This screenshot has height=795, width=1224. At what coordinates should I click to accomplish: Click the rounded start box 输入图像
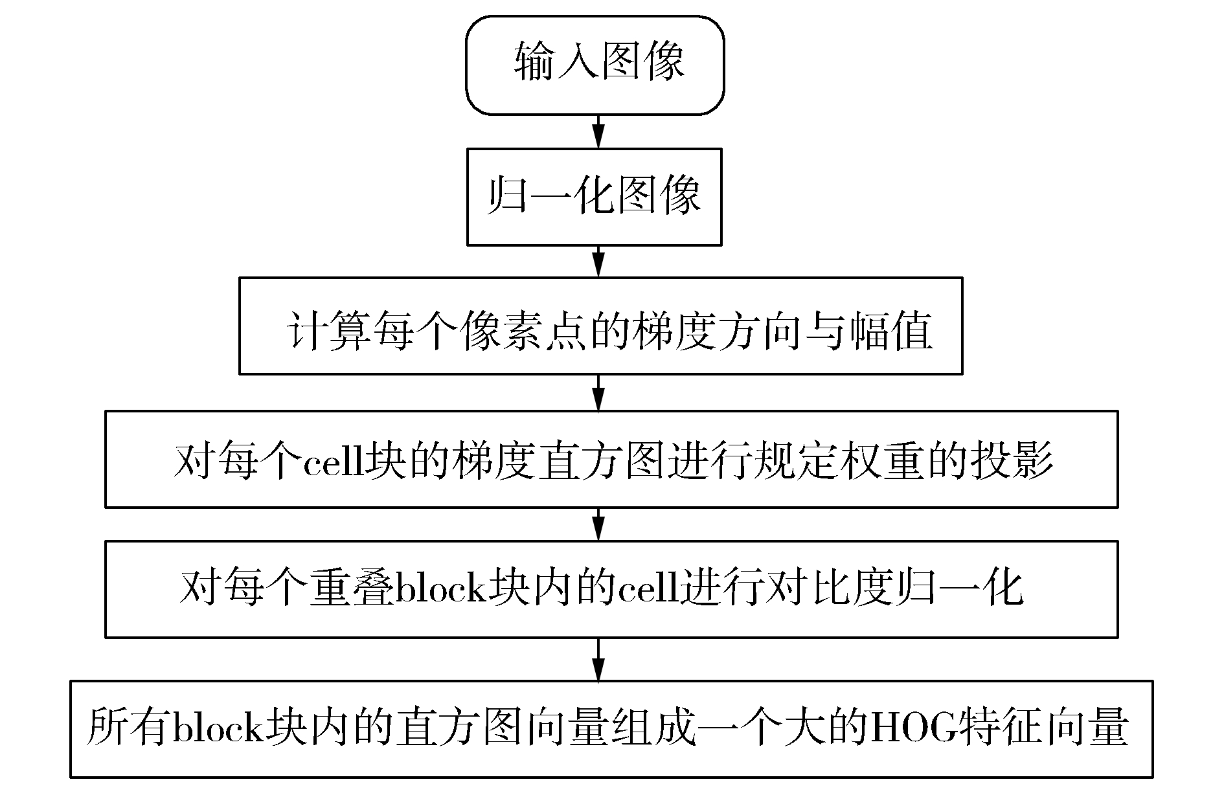(x=595, y=66)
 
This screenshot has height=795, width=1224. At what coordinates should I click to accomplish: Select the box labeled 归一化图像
(x=595, y=197)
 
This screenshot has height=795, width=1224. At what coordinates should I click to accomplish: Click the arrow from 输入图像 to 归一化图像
(x=598, y=132)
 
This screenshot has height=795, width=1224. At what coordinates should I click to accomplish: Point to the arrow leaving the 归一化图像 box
(x=598, y=262)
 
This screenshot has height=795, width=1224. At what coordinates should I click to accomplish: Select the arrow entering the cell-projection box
(x=598, y=393)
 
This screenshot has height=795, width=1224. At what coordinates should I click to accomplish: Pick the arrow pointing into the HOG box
(x=598, y=660)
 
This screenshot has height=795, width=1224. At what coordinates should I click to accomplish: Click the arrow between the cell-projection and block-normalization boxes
(x=598, y=524)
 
